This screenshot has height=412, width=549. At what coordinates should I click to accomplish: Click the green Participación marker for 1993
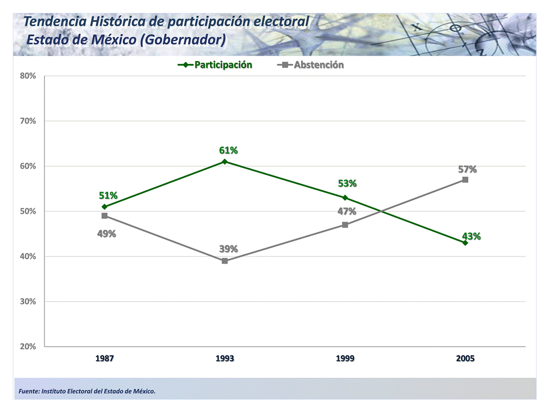pyautogui.click(x=225, y=162)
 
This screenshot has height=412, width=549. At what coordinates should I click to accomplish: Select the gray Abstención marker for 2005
pyautogui.click(x=465, y=179)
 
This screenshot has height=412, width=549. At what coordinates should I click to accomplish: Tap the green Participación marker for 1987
pyautogui.click(x=105, y=207)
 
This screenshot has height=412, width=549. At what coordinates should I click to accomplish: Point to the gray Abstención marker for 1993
pyautogui.click(x=225, y=261)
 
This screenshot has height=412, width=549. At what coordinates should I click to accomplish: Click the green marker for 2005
pyautogui.click(x=465, y=243)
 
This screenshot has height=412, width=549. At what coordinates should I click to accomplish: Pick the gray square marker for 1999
pyautogui.click(x=345, y=225)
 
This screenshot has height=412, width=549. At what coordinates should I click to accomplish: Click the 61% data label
pyautogui.click(x=229, y=150)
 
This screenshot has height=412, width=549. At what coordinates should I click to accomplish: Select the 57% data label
pyautogui.click(x=467, y=169)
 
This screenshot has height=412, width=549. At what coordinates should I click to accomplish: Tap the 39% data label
pyautogui.click(x=229, y=249)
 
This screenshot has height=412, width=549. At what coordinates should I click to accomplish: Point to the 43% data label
pyautogui.click(x=471, y=236)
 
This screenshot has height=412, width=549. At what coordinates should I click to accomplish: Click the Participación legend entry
pyautogui.click(x=223, y=65)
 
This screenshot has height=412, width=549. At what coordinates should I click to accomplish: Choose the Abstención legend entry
pyautogui.click(x=318, y=65)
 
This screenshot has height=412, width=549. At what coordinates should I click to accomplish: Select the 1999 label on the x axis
pyautogui.click(x=345, y=358)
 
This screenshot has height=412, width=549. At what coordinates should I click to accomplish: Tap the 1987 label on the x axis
pyautogui.click(x=105, y=358)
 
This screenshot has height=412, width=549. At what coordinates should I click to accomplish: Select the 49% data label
pyautogui.click(x=106, y=233)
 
